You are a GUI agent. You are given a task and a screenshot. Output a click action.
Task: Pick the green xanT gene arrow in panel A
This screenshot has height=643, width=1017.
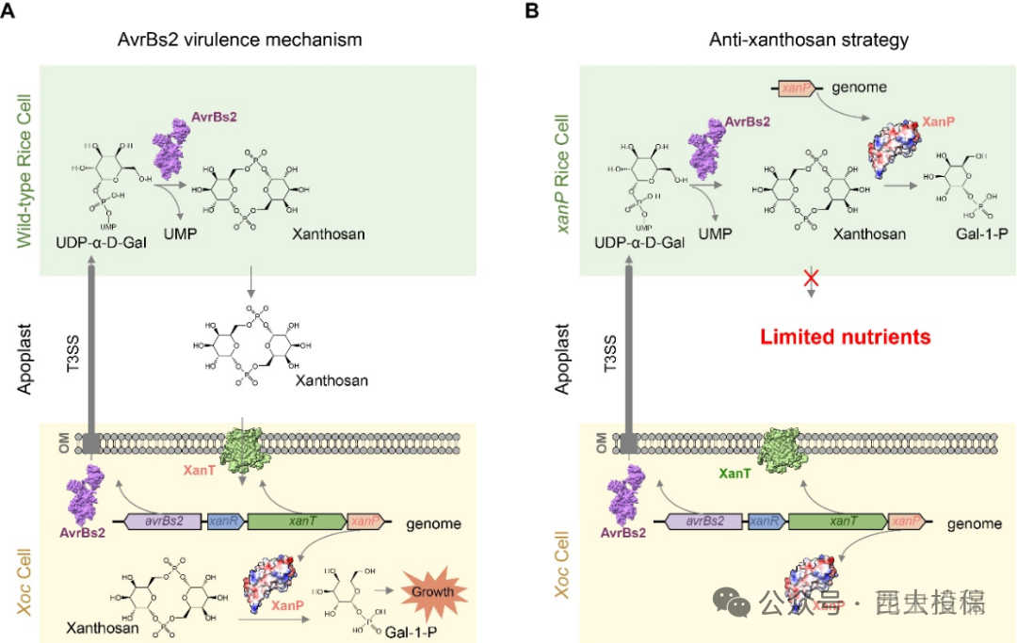coord(301,521)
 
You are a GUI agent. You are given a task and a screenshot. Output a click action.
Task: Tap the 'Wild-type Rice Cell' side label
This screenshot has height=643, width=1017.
coord(24,170)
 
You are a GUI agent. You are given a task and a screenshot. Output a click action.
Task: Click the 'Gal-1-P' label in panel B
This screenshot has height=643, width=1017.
coord(957,233)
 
